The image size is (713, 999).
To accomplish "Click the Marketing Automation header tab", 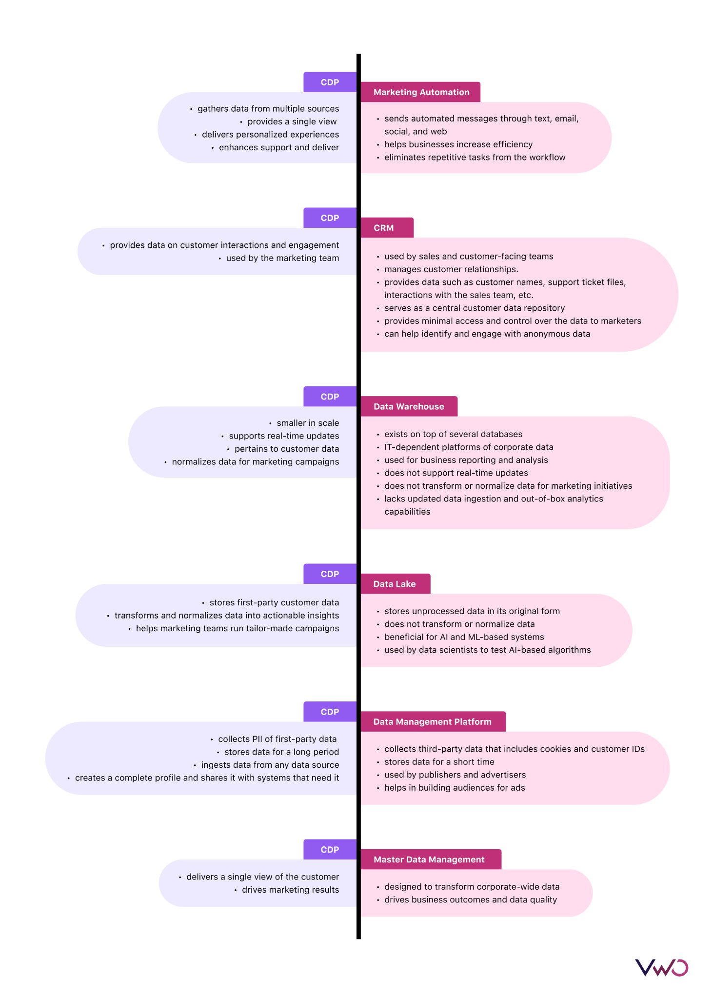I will click(421, 92).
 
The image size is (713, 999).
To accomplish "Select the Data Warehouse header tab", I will click(409, 406).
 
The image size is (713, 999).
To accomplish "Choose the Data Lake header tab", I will click(395, 584).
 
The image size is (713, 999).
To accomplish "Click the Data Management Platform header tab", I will click(433, 721).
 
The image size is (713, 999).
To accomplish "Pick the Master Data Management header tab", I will click(430, 859).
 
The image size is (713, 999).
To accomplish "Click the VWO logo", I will click(661, 967).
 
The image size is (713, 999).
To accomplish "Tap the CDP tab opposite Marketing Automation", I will click(330, 82).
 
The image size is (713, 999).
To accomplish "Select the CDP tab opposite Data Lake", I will click(330, 574).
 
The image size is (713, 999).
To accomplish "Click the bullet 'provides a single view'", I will click(292, 121).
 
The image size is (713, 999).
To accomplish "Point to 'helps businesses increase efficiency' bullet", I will click(458, 144).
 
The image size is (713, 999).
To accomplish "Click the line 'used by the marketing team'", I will click(282, 258).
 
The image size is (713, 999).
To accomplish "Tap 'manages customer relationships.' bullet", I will click(451, 269).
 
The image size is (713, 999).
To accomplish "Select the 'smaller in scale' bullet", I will click(307, 423).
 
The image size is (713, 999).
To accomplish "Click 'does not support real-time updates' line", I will click(456, 473).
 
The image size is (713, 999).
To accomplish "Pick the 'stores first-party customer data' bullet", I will click(274, 602).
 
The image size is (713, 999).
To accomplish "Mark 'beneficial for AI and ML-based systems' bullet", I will click(464, 637).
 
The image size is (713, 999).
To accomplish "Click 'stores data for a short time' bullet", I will click(439, 762).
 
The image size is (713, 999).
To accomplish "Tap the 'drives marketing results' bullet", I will click(290, 890).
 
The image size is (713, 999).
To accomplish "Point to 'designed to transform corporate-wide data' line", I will click(472, 887).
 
